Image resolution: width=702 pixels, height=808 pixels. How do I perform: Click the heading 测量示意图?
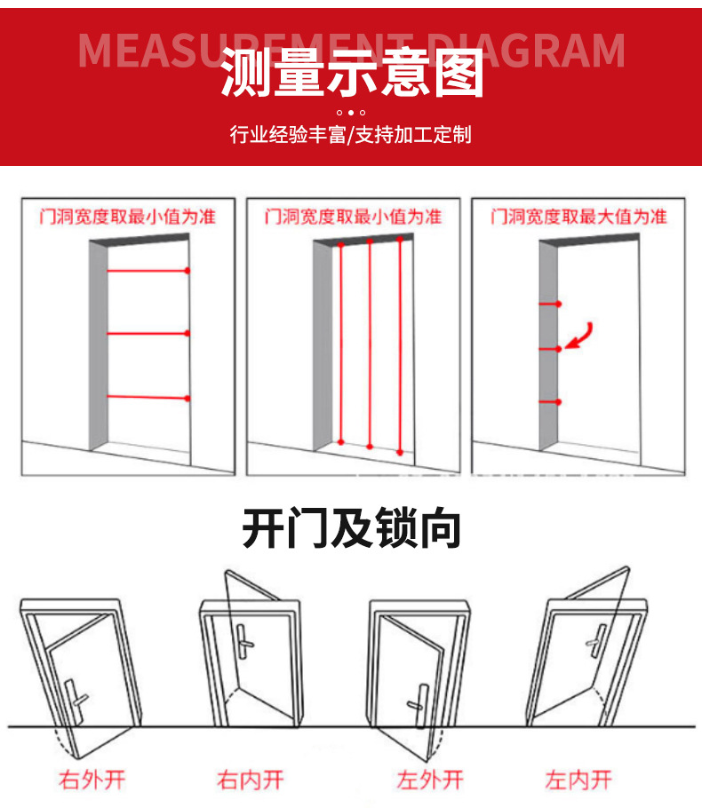coord(351,73)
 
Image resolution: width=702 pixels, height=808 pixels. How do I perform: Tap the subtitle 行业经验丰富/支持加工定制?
coord(351,135)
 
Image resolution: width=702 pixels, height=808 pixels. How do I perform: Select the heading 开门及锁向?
coord(351,529)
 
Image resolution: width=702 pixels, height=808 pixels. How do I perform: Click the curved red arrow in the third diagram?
coord(580,335)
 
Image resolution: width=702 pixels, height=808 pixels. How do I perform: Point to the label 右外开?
coord(92,780)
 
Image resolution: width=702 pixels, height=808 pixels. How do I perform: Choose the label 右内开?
coord(251,780)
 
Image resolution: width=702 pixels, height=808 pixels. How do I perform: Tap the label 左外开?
coord(430,780)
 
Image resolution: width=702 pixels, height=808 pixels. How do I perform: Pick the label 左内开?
coord(578,780)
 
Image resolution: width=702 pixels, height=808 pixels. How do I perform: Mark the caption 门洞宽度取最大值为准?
coord(578,217)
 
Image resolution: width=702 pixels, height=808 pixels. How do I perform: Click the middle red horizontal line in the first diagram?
coord(147,334)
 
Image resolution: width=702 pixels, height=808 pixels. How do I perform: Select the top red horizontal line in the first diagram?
coord(147,270)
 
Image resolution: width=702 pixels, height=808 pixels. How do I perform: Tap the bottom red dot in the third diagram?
coord(558,402)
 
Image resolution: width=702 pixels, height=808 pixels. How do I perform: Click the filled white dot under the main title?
coord(351,113)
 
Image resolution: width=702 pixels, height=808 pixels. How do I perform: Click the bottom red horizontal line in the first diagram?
coord(147,397)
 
